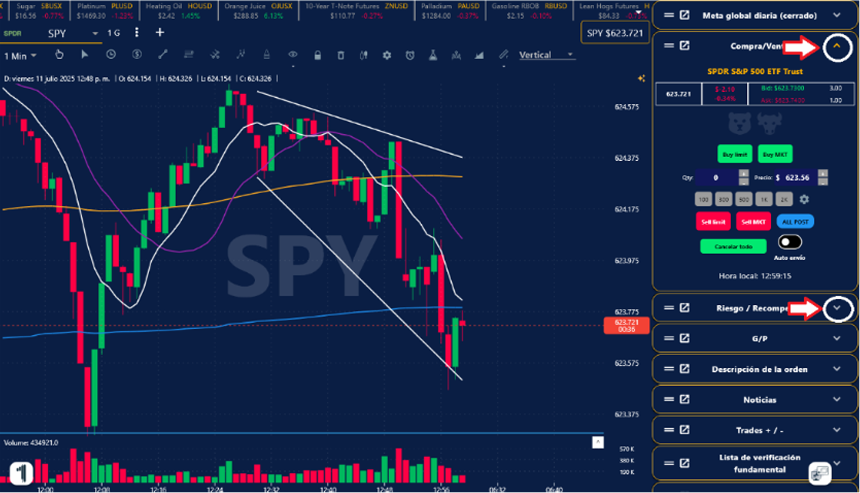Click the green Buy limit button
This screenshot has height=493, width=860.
[735, 155]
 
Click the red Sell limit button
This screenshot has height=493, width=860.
[713, 222]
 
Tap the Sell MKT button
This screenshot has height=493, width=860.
[753, 222]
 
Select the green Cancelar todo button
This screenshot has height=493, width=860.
[733, 246]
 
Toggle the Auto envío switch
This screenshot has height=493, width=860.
[790, 243]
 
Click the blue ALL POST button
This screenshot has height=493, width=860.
[795, 222]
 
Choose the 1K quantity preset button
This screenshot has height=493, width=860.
[763, 199]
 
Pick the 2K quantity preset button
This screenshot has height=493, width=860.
[784, 199]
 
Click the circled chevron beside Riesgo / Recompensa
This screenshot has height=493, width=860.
[837, 309]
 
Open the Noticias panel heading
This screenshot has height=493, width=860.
[760, 400]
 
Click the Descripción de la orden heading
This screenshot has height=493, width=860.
[759, 370]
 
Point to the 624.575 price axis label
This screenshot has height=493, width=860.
[627, 107]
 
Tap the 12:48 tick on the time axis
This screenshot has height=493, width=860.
[384, 489]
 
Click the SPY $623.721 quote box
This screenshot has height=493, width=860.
[614, 33]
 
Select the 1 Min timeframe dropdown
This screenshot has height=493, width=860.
[20, 56]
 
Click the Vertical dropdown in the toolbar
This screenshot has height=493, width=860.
[546, 55]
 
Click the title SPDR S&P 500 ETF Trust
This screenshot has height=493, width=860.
[755, 71]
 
